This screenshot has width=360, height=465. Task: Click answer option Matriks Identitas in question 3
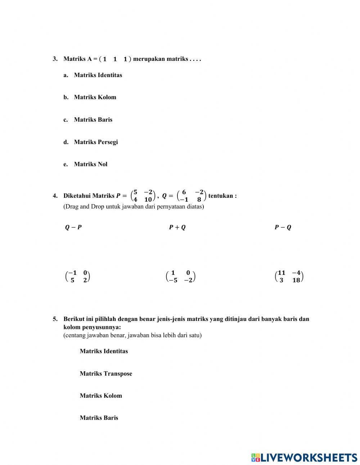click(98, 75)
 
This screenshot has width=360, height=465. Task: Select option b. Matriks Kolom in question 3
click(95, 97)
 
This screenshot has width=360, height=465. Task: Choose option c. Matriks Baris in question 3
click(93, 120)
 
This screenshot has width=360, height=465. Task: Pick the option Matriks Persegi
click(96, 142)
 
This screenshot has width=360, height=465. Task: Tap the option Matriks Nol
click(90, 164)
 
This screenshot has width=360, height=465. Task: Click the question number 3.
click(55, 59)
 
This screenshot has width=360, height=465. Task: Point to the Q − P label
click(73, 227)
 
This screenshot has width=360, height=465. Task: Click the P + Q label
click(177, 227)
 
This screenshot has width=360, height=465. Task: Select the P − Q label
click(283, 227)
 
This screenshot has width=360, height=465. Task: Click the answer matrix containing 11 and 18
click(289, 277)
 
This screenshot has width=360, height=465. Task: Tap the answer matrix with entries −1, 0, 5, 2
click(77, 277)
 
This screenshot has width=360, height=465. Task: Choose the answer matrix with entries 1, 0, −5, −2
click(180, 277)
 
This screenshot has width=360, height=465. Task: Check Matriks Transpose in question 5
click(106, 374)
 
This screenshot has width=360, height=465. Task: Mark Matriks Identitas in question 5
click(104, 351)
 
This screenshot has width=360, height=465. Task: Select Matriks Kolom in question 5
click(101, 396)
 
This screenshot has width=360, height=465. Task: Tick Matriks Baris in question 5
click(99, 418)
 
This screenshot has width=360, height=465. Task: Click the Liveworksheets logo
click(304, 457)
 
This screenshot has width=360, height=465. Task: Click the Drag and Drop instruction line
click(134, 207)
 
